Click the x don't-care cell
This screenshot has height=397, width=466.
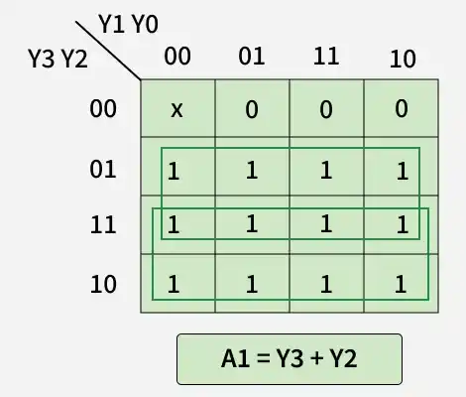[x=176, y=109]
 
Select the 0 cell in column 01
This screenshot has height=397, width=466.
[x=252, y=109]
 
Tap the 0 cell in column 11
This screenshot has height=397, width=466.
[x=326, y=109]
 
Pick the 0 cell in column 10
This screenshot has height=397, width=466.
[x=402, y=109]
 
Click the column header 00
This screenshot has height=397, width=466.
[x=176, y=57]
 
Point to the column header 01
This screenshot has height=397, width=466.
[x=252, y=56]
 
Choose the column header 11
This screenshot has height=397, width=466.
[x=326, y=56]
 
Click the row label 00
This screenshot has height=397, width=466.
[x=103, y=108]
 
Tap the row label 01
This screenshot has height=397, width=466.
[x=103, y=169]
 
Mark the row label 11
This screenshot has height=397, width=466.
[x=103, y=226]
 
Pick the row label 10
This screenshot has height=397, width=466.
[x=103, y=285]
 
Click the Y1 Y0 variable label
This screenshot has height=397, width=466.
[x=129, y=22]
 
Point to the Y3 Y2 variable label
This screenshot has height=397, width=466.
[x=58, y=60]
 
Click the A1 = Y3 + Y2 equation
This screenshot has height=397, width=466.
[x=290, y=359]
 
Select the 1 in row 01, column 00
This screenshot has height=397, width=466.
[x=175, y=171]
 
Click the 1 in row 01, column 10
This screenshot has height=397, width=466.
[x=402, y=171]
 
